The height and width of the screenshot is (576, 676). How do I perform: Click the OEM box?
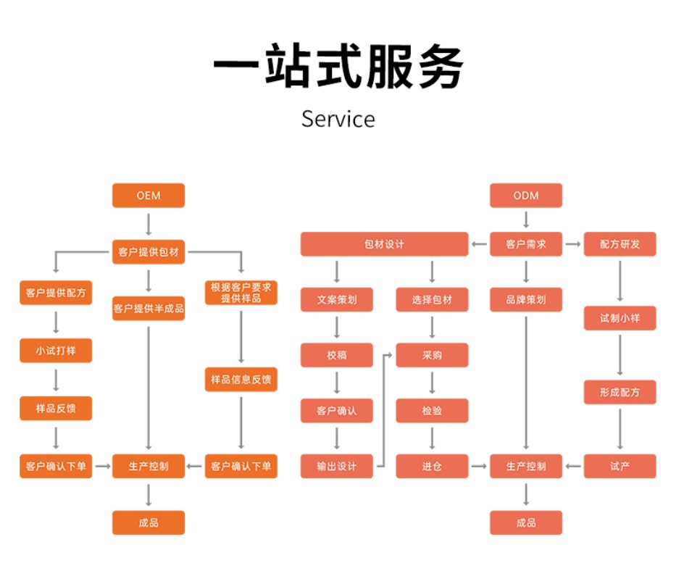148,196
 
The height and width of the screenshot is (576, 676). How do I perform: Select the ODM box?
526,196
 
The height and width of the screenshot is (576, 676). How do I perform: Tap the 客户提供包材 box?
148,252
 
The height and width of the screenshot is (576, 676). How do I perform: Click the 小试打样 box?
56,352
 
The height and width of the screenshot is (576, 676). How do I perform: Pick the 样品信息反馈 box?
241,380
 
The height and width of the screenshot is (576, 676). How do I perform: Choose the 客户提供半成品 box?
148,308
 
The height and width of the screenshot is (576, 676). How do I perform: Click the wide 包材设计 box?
384,244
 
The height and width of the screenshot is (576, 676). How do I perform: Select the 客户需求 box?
526,244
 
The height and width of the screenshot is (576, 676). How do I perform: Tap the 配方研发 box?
619,244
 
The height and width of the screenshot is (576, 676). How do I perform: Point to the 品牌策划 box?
526,299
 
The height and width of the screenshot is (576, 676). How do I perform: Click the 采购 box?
432,355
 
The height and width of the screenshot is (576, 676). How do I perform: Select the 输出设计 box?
336,466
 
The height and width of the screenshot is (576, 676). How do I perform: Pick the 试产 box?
619,466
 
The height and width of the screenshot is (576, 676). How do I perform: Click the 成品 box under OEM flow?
148,522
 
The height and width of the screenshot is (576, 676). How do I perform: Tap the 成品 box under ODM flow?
526,522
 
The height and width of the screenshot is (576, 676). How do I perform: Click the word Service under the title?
338,119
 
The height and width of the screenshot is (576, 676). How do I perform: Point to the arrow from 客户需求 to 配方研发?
573,244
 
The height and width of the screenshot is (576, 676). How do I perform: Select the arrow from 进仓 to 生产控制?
479,466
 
